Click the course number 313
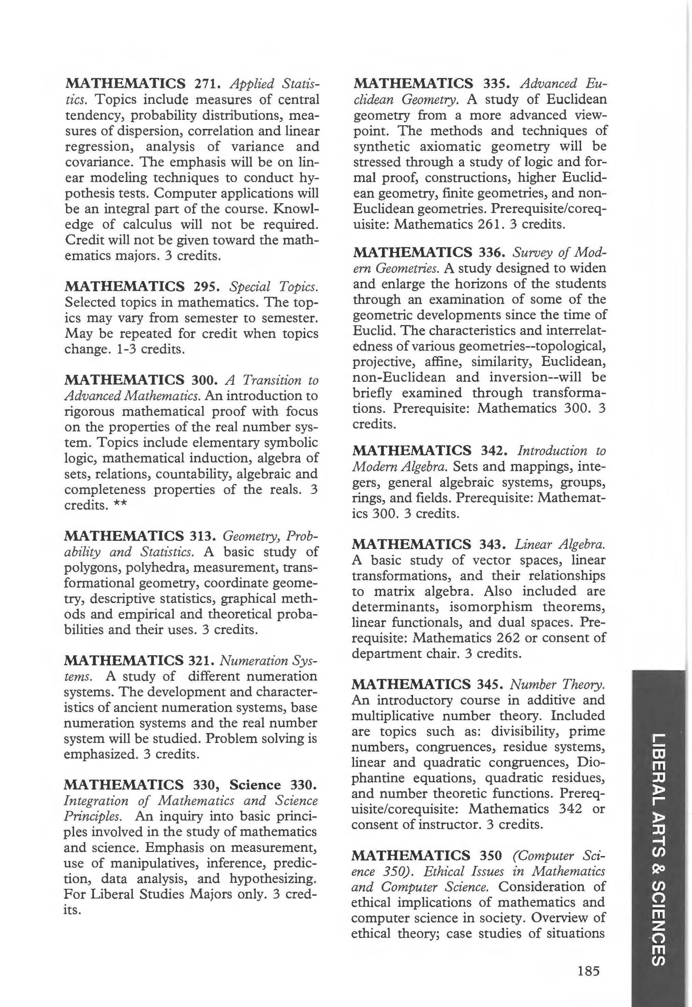coord(202,536)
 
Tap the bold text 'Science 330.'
coord(273,785)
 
